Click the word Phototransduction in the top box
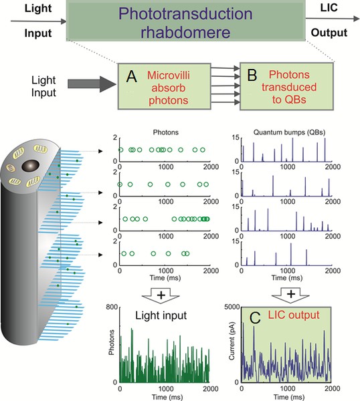pyautogui.click(x=185, y=13)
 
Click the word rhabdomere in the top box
pyautogui.click(x=185, y=32)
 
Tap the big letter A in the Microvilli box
pyautogui.click(x=132, y=76)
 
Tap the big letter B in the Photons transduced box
pyautogui.click(x=252, y=75)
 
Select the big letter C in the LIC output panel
pyautogui.click(x=255, y=318)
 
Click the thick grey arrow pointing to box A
pyautogui.click(x=92, y=84)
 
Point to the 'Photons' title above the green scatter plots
pyautogui.click(x=166, y=132)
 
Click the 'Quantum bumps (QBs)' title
pyautogui.click(x=289, y=132)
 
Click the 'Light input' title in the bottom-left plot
pyautogui.click(x=161, y=315)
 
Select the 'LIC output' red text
pyautogui.click(x=294, y=315)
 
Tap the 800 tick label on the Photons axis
pyautogui.click(x=112, y=307)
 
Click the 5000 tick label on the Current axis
pyautogui.click(x=232, y=307)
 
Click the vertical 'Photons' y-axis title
pyautogui.click(x=111, y=342)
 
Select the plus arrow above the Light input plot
pyautogui.click(x=161, y=295)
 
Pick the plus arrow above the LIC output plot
pyautogui.click(x=290, y=295)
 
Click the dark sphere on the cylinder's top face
pyautogui.click(x=31, y=166)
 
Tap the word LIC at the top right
pyautogui.click(x=329, y=8)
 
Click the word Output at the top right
pyautogui.click(x=329, y=33)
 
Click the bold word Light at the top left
pyautogui.click(x=38, y=9)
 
